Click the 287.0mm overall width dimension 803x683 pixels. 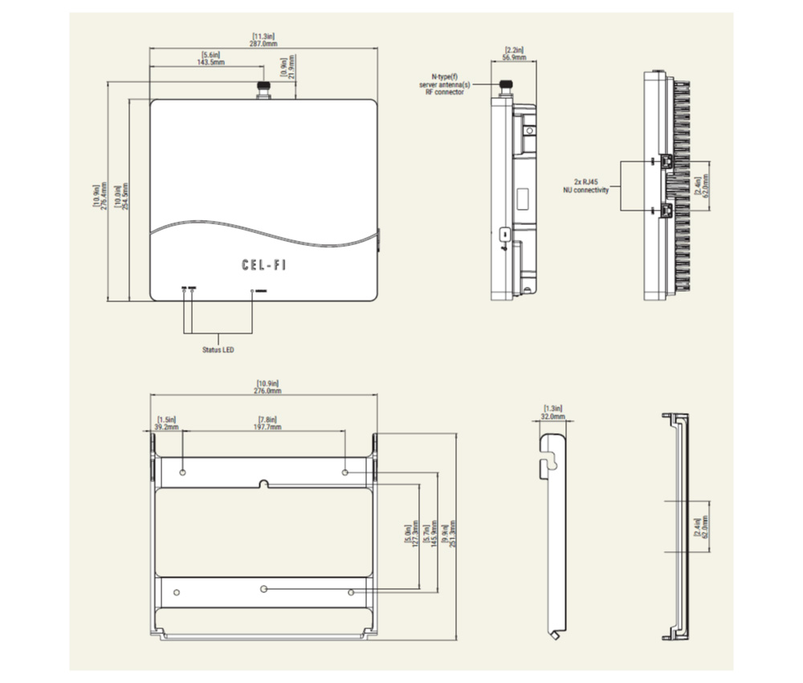(x=264, y=40)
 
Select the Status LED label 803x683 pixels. (x=218, y=350)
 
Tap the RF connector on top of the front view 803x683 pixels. (x=263, y=89)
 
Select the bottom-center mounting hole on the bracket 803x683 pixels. (x=263, y=589)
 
